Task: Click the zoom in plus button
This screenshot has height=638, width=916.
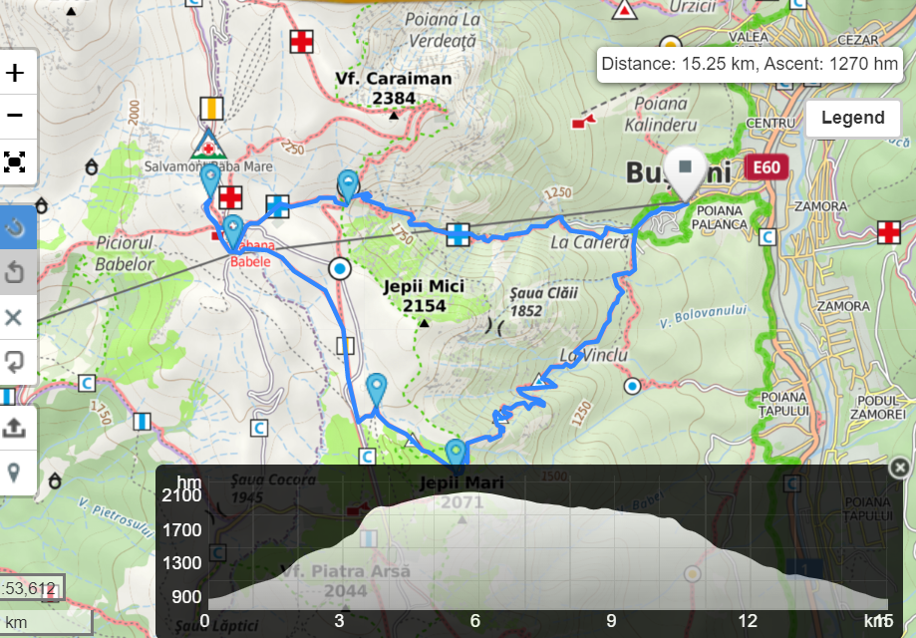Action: [x=16, y=73]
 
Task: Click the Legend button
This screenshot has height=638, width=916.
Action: [x=852, y=118]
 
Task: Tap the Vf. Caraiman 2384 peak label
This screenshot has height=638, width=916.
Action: [x=394, y=88]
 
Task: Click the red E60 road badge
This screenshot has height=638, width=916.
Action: [x=765, y=167]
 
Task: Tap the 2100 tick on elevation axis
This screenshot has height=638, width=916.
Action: [x=182, y=495]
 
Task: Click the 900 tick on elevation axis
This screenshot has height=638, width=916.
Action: [x=187, y=597]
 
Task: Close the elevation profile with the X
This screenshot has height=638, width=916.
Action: [x=899, y=468]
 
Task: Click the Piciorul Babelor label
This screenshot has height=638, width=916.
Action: [x=125, y=254]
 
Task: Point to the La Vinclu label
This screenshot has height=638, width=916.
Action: [x=593, y=355]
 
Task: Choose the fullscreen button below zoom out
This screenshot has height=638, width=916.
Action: [x=16, y=161]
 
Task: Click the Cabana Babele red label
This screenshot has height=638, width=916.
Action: [x=249, y=254]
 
